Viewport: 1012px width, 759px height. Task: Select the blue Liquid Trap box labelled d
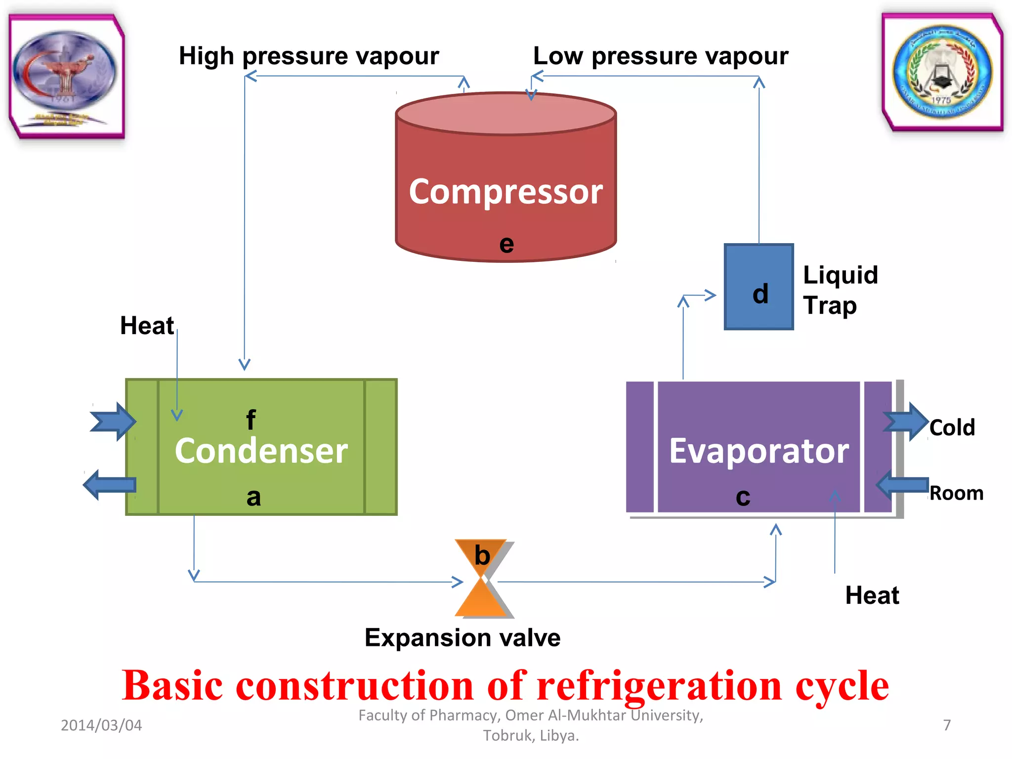[759, 287]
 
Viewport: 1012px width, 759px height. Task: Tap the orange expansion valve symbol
[482, 578]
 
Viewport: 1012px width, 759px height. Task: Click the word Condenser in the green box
[261, 451]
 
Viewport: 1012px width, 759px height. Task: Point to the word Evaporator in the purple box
[759, 451]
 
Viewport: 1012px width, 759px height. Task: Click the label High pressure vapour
[309, 56]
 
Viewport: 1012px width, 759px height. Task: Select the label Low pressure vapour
[661, 56]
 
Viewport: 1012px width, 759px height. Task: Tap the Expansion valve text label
[463, 637]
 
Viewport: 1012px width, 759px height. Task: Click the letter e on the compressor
[506, 244]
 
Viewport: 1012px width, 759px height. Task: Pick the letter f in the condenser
[251, 420]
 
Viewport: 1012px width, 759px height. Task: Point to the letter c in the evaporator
[743, 497]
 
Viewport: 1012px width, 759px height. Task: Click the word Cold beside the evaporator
[952, 427]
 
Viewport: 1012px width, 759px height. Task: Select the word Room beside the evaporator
[956, 493]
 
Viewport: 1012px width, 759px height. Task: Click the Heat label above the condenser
[147, 326]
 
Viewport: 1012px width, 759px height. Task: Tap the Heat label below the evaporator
[872, 595]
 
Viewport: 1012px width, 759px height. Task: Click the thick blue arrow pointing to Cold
[906, 422]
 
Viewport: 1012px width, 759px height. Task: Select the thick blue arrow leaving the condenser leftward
[109, 485]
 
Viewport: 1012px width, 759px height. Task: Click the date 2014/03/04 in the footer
[101, 725]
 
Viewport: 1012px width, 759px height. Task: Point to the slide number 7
[947, 725]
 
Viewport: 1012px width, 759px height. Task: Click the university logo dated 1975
[942, 72]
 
